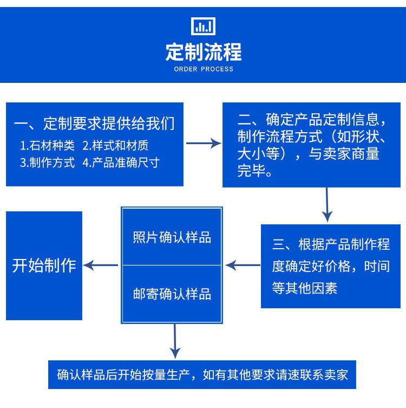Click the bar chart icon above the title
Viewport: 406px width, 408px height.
(204, 25)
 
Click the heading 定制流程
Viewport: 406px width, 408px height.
(204, 53)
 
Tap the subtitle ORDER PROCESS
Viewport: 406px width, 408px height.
(204, 69)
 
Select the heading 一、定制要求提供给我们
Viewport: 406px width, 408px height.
(95, 124)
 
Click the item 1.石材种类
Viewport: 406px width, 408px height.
(48, 145)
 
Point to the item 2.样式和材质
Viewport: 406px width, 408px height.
(115, 145)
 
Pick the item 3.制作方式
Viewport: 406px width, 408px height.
(48, 163)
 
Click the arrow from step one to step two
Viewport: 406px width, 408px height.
(203, 144)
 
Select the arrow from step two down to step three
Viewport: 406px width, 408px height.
(326, 205)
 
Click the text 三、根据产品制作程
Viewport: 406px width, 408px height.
(331, 244)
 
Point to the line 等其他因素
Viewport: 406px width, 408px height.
(305, 288)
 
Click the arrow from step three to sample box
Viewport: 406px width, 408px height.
(242, 265)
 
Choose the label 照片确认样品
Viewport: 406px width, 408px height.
(172, 238)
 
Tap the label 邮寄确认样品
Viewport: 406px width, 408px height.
(172, 294)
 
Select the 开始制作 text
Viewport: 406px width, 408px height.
(44, 266)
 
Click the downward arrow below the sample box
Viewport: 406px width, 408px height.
(174, 341)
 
